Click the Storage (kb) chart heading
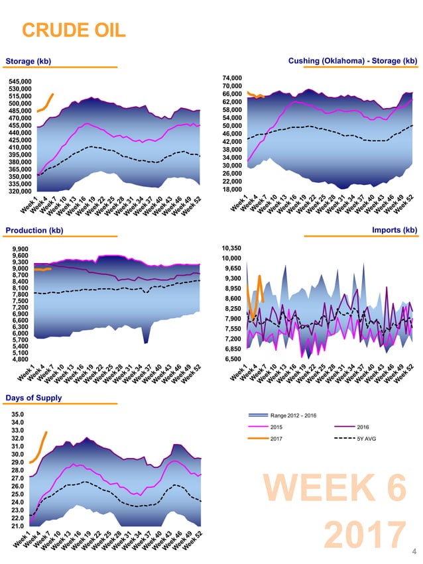pos(28,62)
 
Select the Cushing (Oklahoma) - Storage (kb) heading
pos(353,61)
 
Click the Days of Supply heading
pos(34,398)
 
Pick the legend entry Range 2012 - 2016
pos(294,416)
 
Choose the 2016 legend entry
pos(364,427)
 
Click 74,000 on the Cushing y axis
pos(233,78)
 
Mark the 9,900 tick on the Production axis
pos(20,249)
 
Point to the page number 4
pos(414,551)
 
